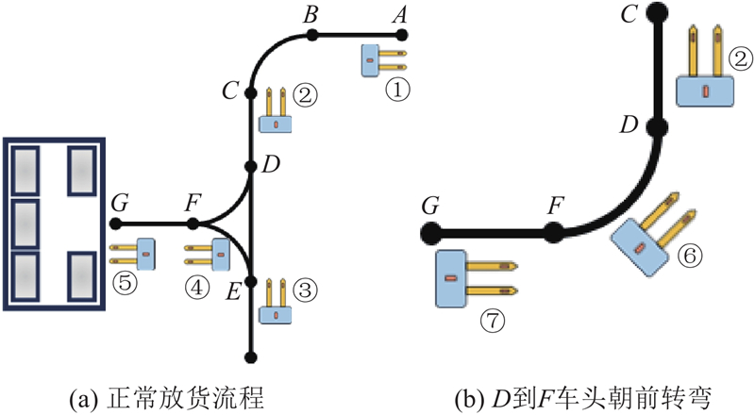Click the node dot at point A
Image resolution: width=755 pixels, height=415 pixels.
click(x=402, y=35)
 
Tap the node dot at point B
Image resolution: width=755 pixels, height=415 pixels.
click(x=311, y=35)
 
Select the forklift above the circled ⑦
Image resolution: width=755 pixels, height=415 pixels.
click(x=472, y=279)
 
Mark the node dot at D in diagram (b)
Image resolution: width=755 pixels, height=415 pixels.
click(x=658, y=126)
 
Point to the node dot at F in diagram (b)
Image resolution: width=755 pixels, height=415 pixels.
click(x=558, y=230)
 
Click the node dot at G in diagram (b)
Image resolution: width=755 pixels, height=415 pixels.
click(x=430, y=230)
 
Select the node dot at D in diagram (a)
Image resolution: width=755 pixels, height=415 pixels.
click(x=251, y=167)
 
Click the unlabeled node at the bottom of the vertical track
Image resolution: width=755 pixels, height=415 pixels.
click(x=251, y=356)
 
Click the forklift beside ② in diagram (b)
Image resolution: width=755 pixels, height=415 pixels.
click(x=703, y=72)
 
